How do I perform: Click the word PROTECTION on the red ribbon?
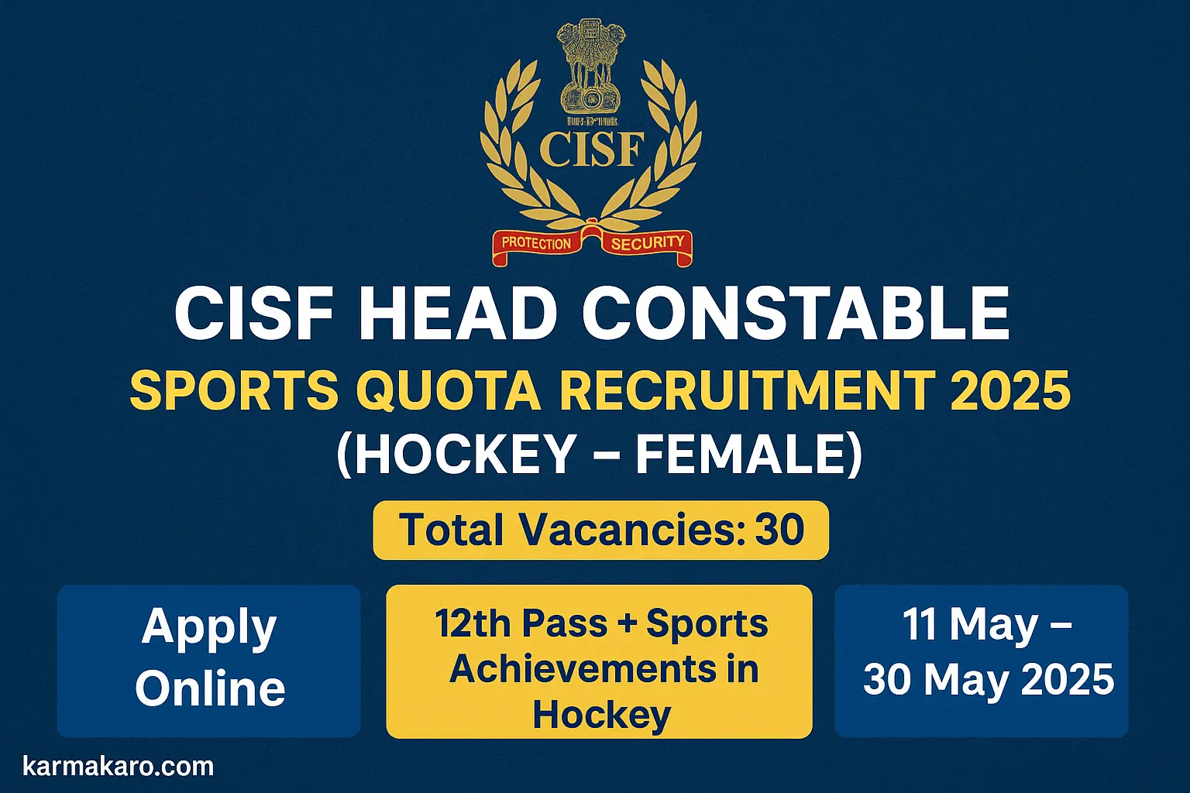coord(535,243)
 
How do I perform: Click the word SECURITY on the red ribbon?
coord(647,243)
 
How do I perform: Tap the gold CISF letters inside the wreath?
coord(592,149)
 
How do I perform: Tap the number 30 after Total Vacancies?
coord(780,530)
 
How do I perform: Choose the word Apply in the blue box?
coord(209,628)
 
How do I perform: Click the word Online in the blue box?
coord(210,688)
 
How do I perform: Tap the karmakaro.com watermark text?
coord(119,767)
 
